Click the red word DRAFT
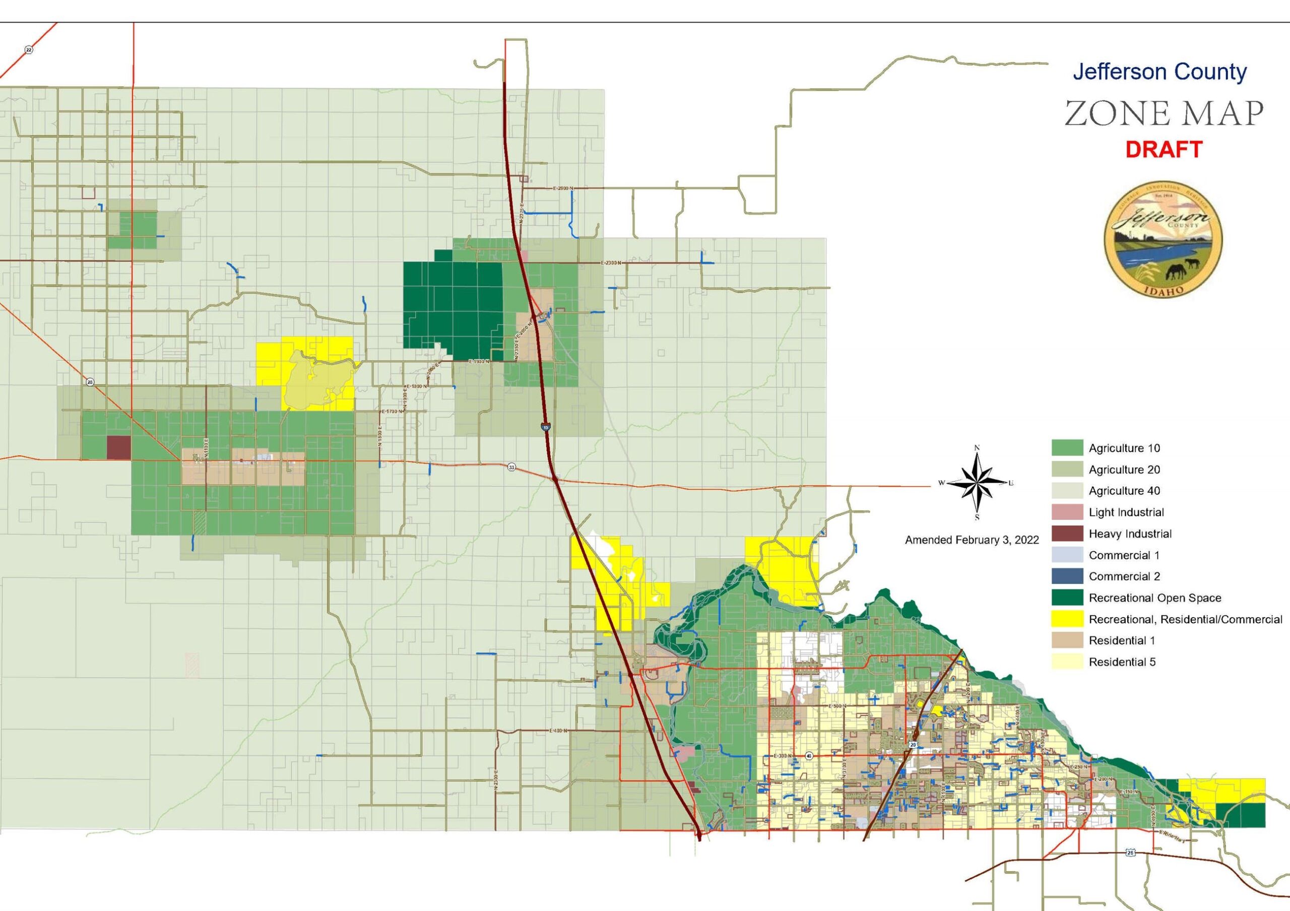tap(1163, 150)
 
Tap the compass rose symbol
tap(977, 483)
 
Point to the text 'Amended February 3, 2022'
tap(972, 540)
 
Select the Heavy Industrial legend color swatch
tap(1067, 534)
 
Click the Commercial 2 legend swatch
tap(1067, 577)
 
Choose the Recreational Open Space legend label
tap(1154, 598)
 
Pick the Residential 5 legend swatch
tap(1067, 662)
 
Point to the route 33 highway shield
tap(511, 467)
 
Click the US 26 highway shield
tap(1131, 868)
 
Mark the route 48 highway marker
tap(808, 756)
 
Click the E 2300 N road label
tap(611, 263)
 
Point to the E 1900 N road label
tap(479, 362)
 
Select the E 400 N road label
tap(557, 731)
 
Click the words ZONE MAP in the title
tap(1164, 114)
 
